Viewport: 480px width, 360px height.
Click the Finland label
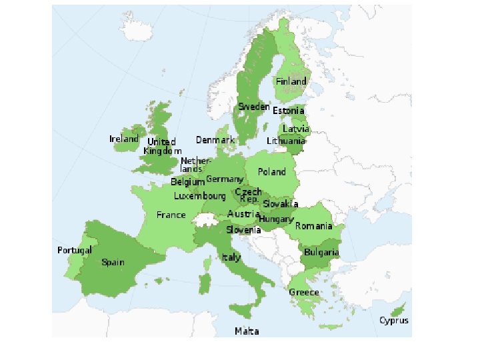291,81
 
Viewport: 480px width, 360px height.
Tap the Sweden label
254,107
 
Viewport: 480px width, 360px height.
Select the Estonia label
289,111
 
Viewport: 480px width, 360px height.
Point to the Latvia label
296,129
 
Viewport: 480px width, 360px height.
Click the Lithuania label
286,141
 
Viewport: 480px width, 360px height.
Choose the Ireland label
124,139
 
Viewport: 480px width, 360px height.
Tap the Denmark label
215,140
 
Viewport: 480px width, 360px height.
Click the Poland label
272,172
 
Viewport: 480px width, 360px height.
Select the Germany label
224,180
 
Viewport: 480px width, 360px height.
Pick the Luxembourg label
199,197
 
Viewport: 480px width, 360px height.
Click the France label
171,215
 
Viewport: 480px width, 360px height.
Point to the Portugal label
74,250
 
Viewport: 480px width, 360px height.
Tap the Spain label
113,262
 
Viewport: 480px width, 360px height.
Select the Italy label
231,257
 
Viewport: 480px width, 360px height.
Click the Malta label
247,331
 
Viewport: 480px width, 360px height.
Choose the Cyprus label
394,321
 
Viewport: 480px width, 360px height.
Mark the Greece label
304,293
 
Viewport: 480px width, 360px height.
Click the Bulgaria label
321,253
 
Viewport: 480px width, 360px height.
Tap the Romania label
313,226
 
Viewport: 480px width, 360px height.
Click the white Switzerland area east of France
201,220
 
